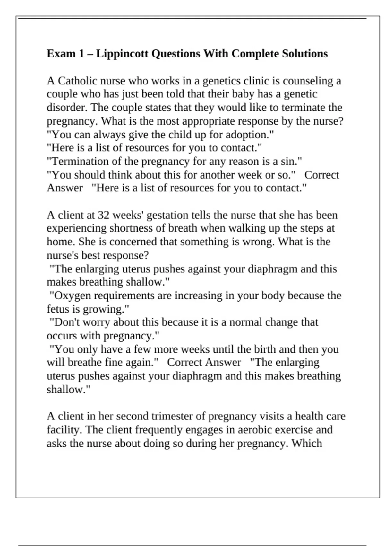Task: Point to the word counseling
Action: coord(308,81)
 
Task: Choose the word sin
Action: coord(292,161)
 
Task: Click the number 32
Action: coord(104,215)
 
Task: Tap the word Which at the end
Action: coord(307,443)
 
